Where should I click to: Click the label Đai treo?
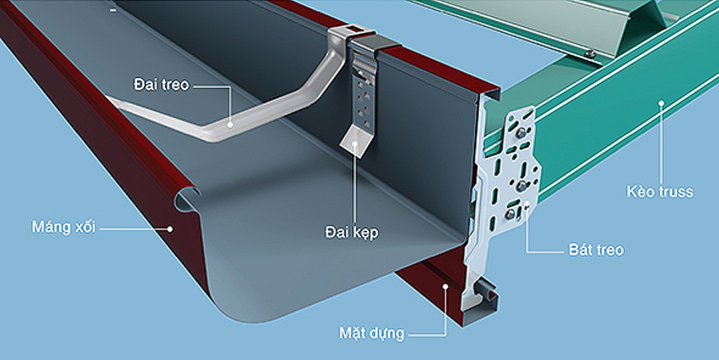coord(161,85)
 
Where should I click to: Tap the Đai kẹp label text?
coord(352,232)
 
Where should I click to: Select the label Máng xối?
coord(63,227)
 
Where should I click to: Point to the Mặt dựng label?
coord(372,333)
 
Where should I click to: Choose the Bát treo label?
coord(596,250)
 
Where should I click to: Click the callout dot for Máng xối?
coord(170,228)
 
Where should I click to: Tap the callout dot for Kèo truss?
coord(661,102)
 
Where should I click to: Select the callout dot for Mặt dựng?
coord(444,286)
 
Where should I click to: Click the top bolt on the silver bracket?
coord(521,134)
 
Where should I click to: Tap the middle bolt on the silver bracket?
coord(521,186)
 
